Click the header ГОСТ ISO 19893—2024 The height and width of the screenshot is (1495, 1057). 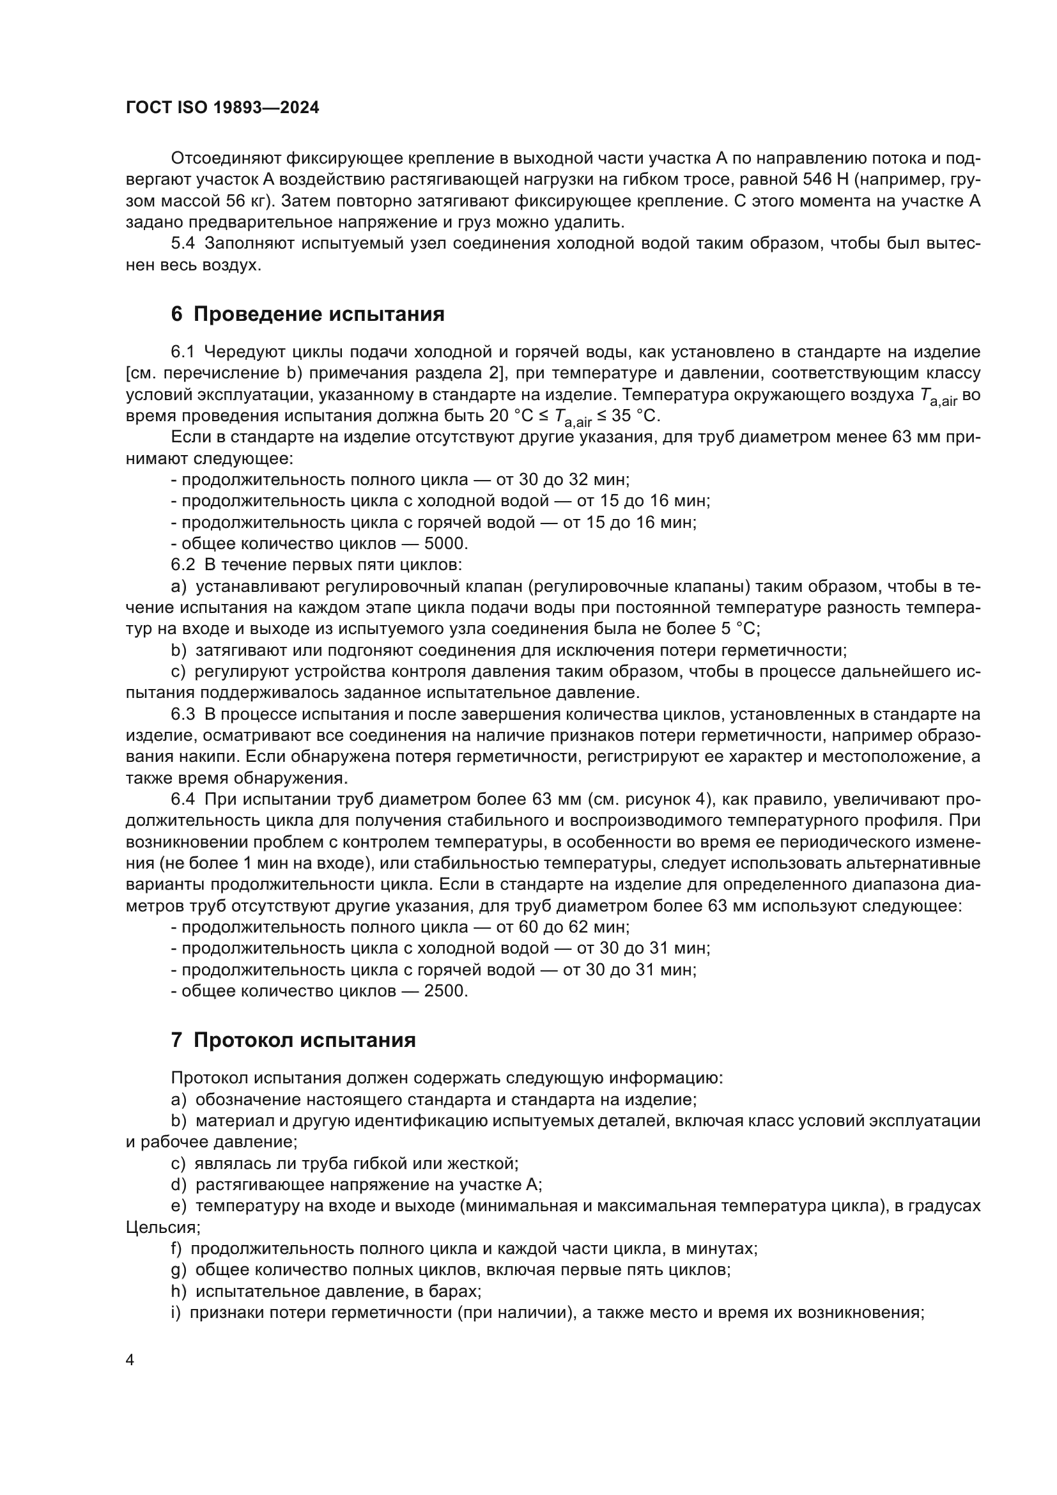222,108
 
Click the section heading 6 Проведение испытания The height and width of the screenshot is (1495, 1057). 307,314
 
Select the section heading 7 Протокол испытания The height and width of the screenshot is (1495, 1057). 293,1040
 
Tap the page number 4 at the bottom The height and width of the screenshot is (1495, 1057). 130,1360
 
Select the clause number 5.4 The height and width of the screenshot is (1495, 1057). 182,244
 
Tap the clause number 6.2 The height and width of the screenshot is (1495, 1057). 182,564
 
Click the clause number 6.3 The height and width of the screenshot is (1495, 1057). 182,715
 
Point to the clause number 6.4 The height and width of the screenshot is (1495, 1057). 182,799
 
